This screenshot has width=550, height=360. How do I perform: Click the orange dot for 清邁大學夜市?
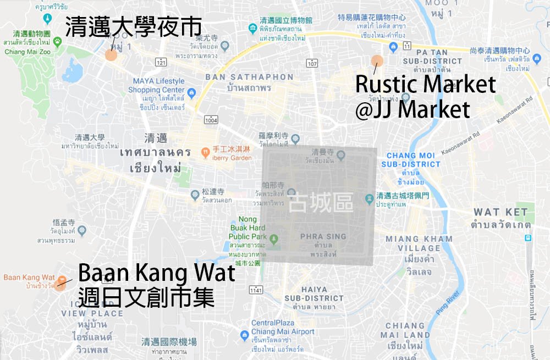[x=111, y=54]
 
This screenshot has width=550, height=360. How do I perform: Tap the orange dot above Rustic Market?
[x=377, y=61]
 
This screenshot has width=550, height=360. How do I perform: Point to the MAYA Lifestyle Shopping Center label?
[x=157, y=86]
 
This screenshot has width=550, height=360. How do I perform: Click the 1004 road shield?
[x=210, y=120]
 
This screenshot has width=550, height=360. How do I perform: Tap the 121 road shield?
[x=161, y=63]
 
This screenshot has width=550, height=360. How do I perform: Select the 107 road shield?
[x=312, y=63]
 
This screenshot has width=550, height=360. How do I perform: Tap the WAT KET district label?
[x=501, y=212]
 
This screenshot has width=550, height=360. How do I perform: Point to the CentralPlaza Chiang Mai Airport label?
[x=283, y=328]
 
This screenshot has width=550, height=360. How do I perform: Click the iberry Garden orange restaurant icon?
[x=205, y=150]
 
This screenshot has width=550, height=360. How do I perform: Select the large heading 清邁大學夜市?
[x=133, y=27]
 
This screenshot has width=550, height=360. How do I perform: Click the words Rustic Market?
[x=425, y=85]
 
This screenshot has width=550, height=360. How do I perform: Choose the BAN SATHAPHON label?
[x=249, y=77]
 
